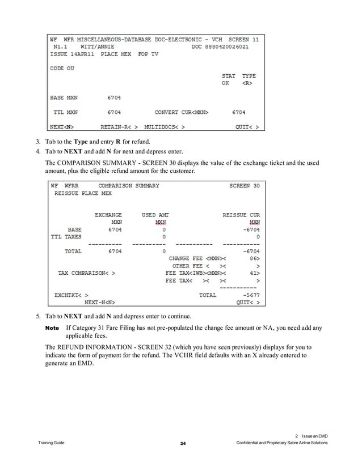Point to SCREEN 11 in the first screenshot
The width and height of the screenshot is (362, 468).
pos(243,40)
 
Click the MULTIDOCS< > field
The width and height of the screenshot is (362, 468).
pos(165,127)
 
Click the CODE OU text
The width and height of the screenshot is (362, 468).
pos(62,69)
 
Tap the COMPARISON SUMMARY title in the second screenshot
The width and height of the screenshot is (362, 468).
pos(129,186)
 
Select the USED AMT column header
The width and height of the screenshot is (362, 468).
pos(155,215)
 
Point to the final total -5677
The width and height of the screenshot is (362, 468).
pos(250,295)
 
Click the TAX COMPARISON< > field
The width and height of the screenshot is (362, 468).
pos(87,273)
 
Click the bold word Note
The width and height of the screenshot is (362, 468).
pos(52,329)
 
